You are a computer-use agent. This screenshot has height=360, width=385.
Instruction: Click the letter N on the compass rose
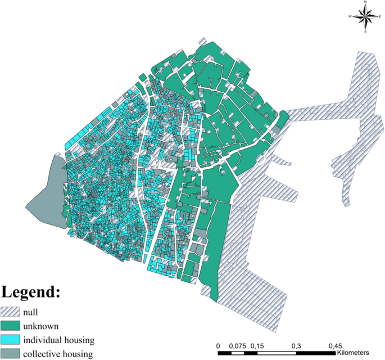click(365, 3)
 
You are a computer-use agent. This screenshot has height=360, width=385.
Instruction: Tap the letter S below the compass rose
click(365, 31)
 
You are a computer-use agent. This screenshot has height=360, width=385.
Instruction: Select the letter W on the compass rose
click(350, 17)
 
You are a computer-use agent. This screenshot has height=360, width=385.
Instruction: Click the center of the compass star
click(365, 17)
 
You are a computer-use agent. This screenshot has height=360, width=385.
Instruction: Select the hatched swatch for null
click(10, 312)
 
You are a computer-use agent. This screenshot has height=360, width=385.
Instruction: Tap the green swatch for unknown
click(10, 326)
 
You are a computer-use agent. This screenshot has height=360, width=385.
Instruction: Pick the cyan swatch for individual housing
click(10, 340)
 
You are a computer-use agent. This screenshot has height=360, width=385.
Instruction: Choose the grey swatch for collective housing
click(10, 354)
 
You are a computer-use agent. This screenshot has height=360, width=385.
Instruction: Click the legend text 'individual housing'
click(58, 340)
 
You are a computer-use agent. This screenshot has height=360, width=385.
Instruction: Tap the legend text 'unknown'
click(40, 326)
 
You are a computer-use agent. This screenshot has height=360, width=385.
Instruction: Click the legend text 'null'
click(30, 312)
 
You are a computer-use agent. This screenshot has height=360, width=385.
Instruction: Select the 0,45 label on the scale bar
click(335, 345)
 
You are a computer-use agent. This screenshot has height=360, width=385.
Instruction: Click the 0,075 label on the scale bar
click(239, 345)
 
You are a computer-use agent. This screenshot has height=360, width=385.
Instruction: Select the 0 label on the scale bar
click(218, 345)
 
